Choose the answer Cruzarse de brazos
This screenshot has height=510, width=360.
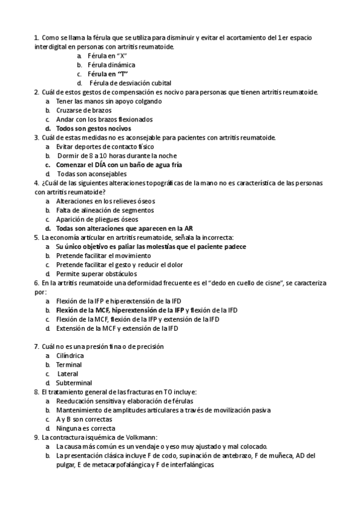click(81, 110)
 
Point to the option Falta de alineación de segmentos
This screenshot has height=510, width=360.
click(105, 210)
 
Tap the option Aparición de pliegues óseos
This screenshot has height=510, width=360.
click(97, 219)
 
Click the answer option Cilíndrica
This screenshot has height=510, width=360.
click(70, 355)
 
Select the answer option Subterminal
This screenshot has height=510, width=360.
click(74, 382)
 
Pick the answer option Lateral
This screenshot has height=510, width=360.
click(68, 373)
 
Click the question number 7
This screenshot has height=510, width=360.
click(37, 346)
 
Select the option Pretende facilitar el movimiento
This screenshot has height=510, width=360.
click(99, 255)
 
